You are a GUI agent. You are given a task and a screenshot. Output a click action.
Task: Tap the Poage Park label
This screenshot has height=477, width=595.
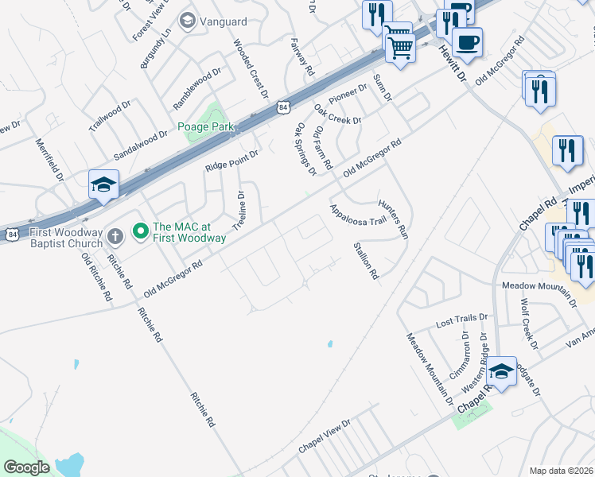click(x=205, y=126)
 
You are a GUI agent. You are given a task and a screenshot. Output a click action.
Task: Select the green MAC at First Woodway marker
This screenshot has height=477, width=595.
click(x=141, y=231)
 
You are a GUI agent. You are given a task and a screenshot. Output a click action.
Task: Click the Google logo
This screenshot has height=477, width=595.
click(x=27, y=467)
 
